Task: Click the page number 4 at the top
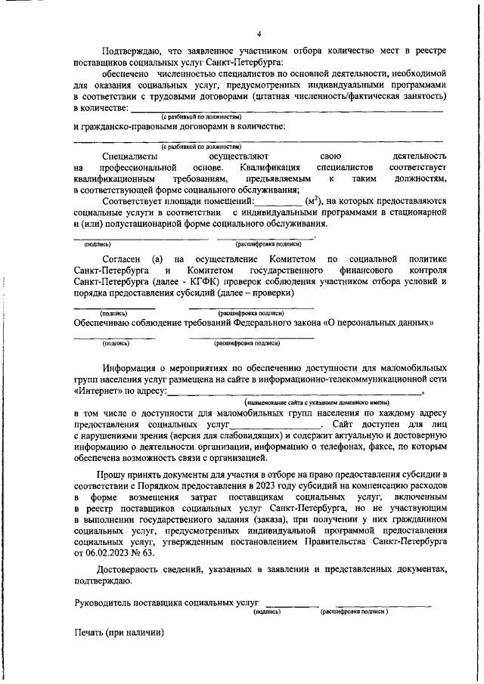point(259,34)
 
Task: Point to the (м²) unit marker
point(310,203)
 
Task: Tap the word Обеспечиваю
point(107,322)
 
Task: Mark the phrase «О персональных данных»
point(378,322)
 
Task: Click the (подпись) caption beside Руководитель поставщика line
point(267,611)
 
